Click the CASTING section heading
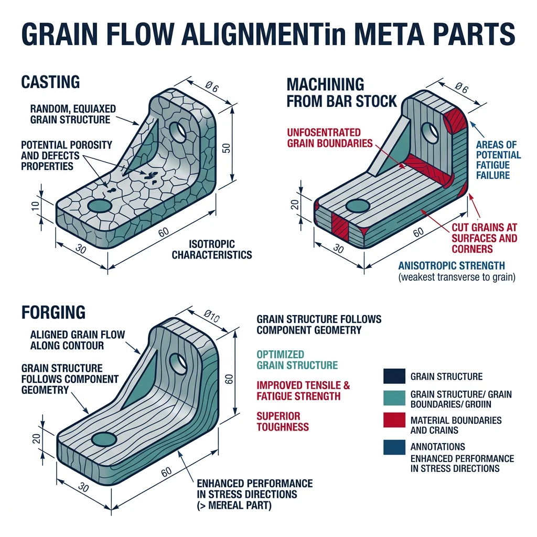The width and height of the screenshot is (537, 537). click(x=50, y=82)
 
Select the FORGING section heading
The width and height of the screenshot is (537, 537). click(x=53, y=313)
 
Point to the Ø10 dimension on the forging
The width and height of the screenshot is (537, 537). click(x=212, y=315)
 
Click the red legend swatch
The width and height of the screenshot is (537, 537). click(x=394, y=421)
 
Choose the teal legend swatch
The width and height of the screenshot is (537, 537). click(x=394, y=399)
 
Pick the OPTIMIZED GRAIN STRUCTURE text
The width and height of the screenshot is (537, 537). click(x=297, y=360)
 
